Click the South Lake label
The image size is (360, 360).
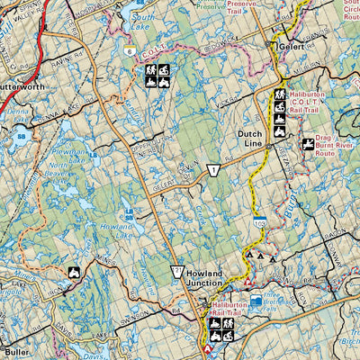tap(143, 21)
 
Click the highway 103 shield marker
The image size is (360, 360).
tap(260, 220)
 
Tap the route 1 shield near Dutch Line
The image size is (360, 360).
tap(213, 171)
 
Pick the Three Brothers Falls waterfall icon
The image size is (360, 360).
tap(256, 301)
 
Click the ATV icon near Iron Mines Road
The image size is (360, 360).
tap(74, 273)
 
